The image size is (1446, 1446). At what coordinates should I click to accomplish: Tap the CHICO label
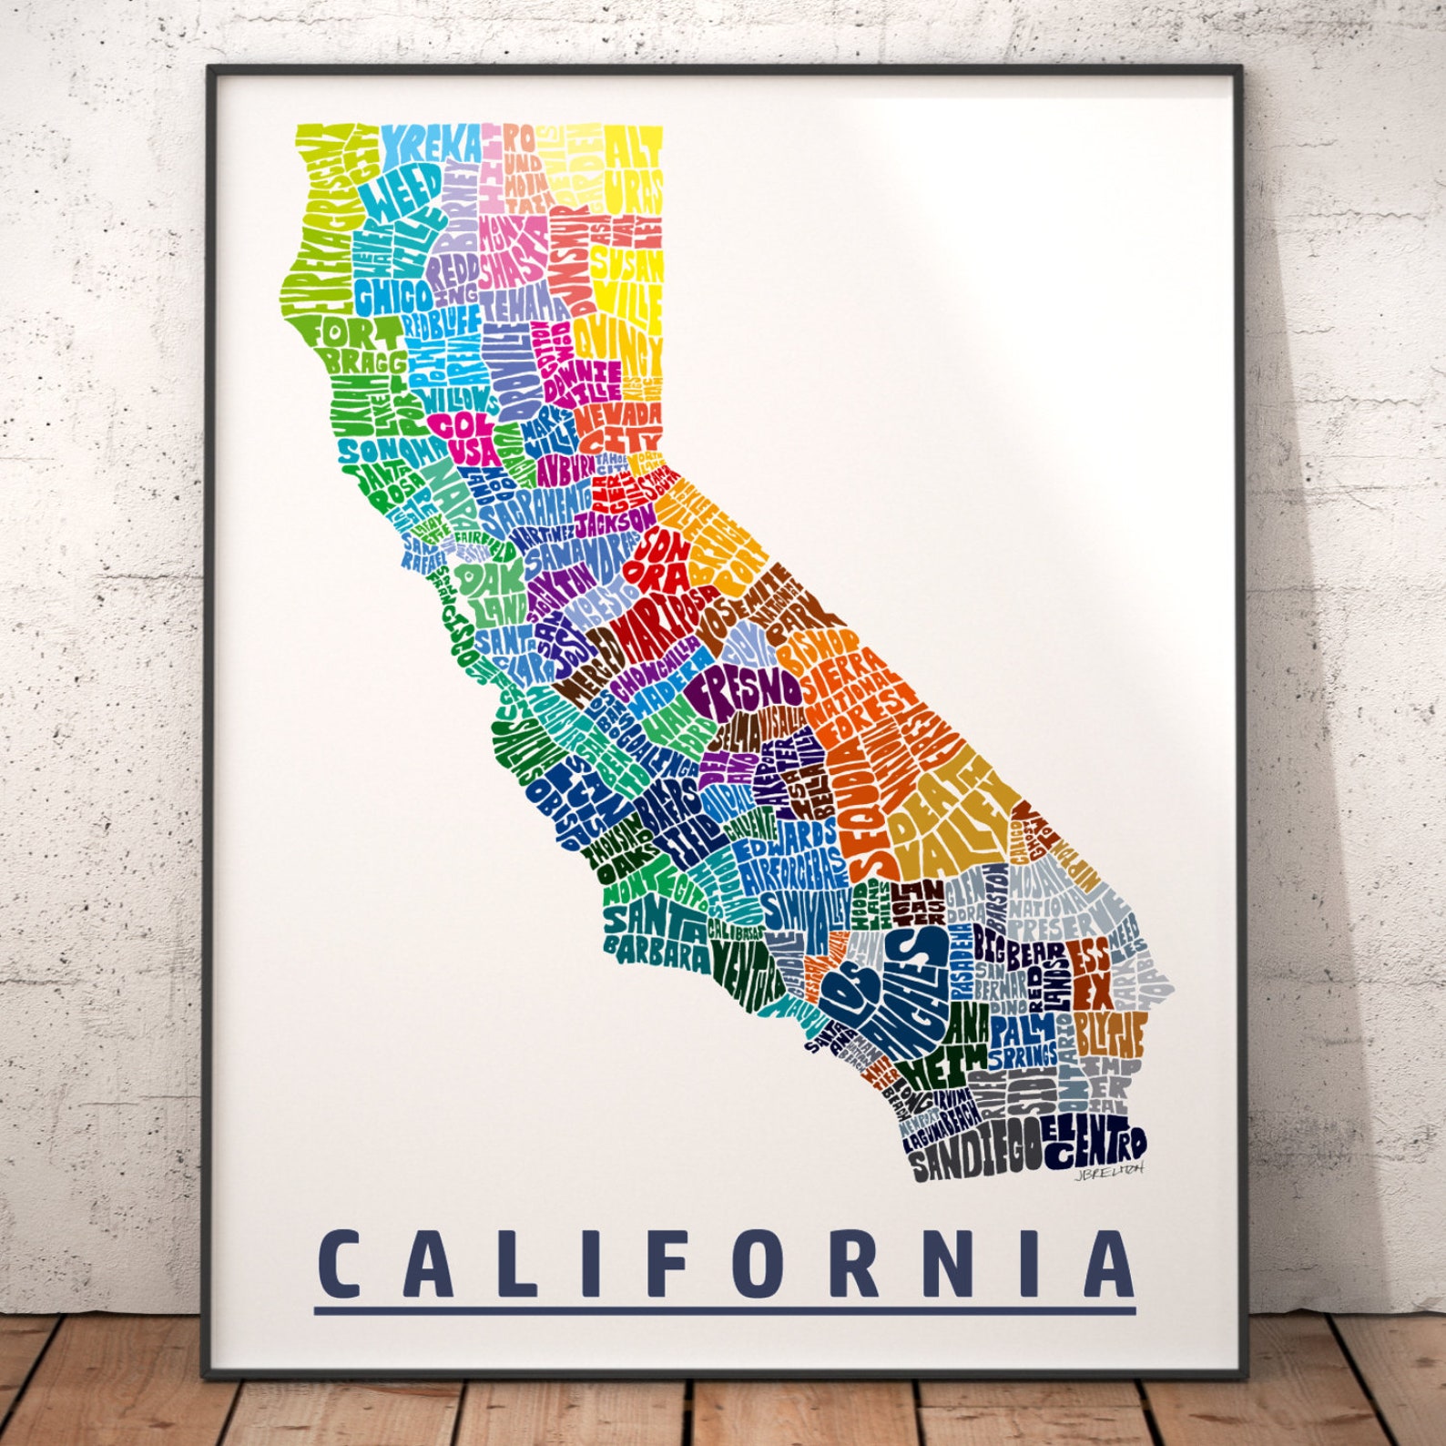pos(393,296)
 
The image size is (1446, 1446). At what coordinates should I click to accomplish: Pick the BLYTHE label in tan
pos(1108,1032)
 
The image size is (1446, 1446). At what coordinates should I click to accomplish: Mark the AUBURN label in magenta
pos(565,470)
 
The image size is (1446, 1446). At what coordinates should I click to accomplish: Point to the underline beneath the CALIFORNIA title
pos(725,1311)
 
